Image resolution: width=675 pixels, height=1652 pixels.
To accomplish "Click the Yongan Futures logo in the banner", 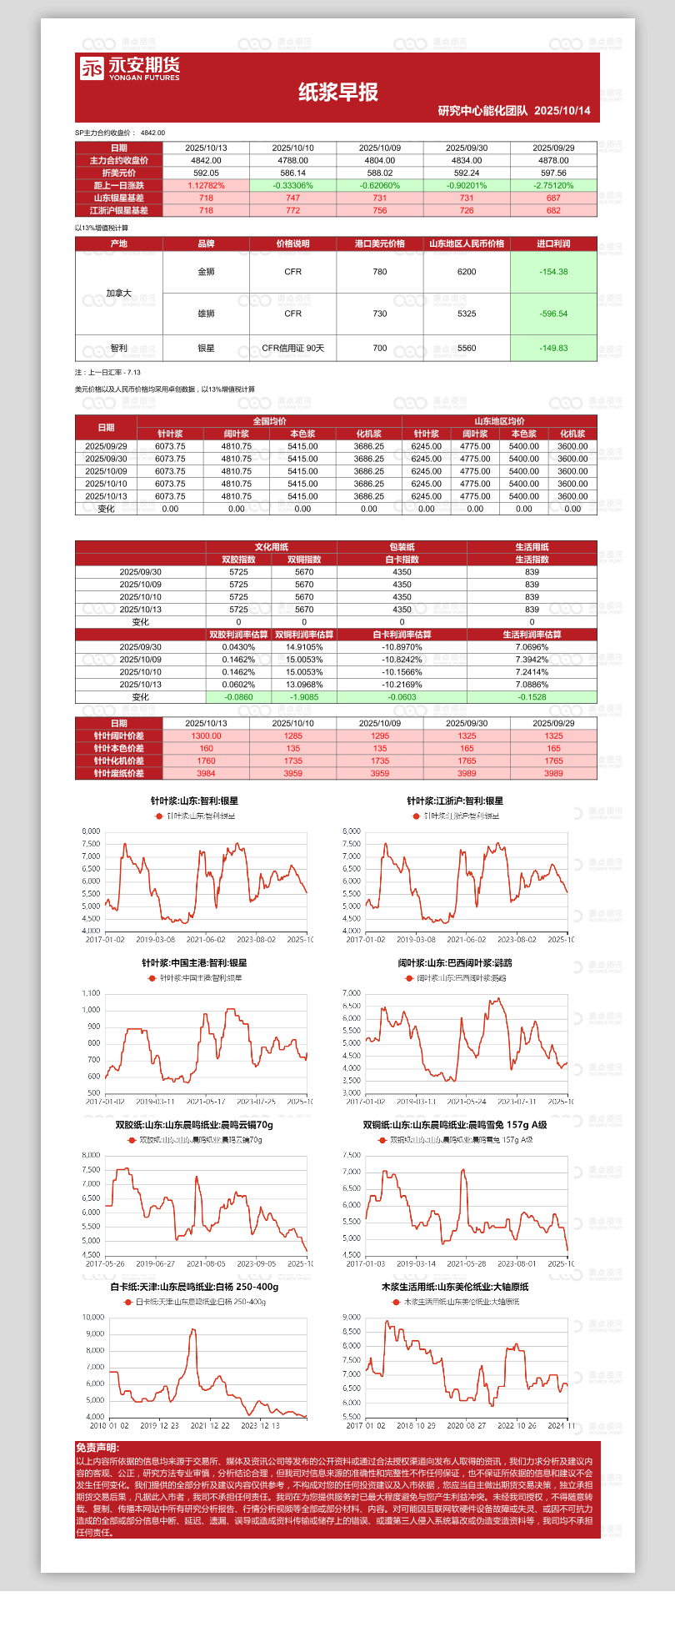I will click(130, 68).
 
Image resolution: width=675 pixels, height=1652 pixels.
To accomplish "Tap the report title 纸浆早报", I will click(337, 93).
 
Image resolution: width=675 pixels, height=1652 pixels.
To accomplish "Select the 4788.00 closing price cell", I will click(292, 160).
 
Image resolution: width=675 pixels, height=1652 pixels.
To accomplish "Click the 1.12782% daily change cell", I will click(206, 185).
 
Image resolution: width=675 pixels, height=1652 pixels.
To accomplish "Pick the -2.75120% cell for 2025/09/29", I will click(553, 185).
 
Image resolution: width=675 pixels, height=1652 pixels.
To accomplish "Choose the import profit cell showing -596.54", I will click(553, 314).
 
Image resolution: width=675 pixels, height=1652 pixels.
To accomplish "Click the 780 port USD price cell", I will click(380, 272).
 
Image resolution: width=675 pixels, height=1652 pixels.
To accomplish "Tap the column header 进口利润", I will click(553, 244).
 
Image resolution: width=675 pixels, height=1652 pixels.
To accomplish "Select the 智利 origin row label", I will click(119, 348).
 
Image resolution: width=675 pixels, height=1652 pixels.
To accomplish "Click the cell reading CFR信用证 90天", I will click(292, 348).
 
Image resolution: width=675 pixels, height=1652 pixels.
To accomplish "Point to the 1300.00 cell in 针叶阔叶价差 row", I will click(206, 736).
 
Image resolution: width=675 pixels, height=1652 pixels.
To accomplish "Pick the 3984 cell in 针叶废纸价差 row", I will click(206, 773).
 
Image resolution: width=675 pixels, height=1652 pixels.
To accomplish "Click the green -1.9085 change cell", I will click(304, 697).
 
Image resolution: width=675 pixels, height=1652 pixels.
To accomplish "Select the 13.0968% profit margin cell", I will click(304, 685).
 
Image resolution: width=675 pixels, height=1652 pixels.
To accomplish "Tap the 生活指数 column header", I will click(532, 560).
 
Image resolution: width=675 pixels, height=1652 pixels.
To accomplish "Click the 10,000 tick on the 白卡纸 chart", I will click(93, 1318).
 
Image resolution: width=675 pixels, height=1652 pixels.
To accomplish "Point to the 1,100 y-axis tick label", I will click(91, 993).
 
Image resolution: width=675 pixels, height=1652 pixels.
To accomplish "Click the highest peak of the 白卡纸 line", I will click(193, 1330).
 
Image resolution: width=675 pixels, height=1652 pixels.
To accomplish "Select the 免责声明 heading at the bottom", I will click(97, 1448).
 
